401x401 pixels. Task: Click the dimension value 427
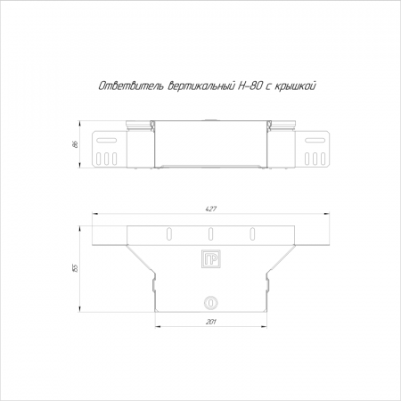coord(210,209)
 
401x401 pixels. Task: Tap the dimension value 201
coord(210,322)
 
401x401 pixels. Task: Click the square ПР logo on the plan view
coord(211,258)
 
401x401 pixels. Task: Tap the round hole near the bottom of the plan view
coord(211,303)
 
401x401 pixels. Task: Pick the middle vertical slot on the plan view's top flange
coord(210,233)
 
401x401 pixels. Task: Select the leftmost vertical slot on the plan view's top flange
coord(168,233)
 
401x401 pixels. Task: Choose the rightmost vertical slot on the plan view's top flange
coord(252,233)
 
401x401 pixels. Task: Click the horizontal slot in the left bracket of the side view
coord(106,140)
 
